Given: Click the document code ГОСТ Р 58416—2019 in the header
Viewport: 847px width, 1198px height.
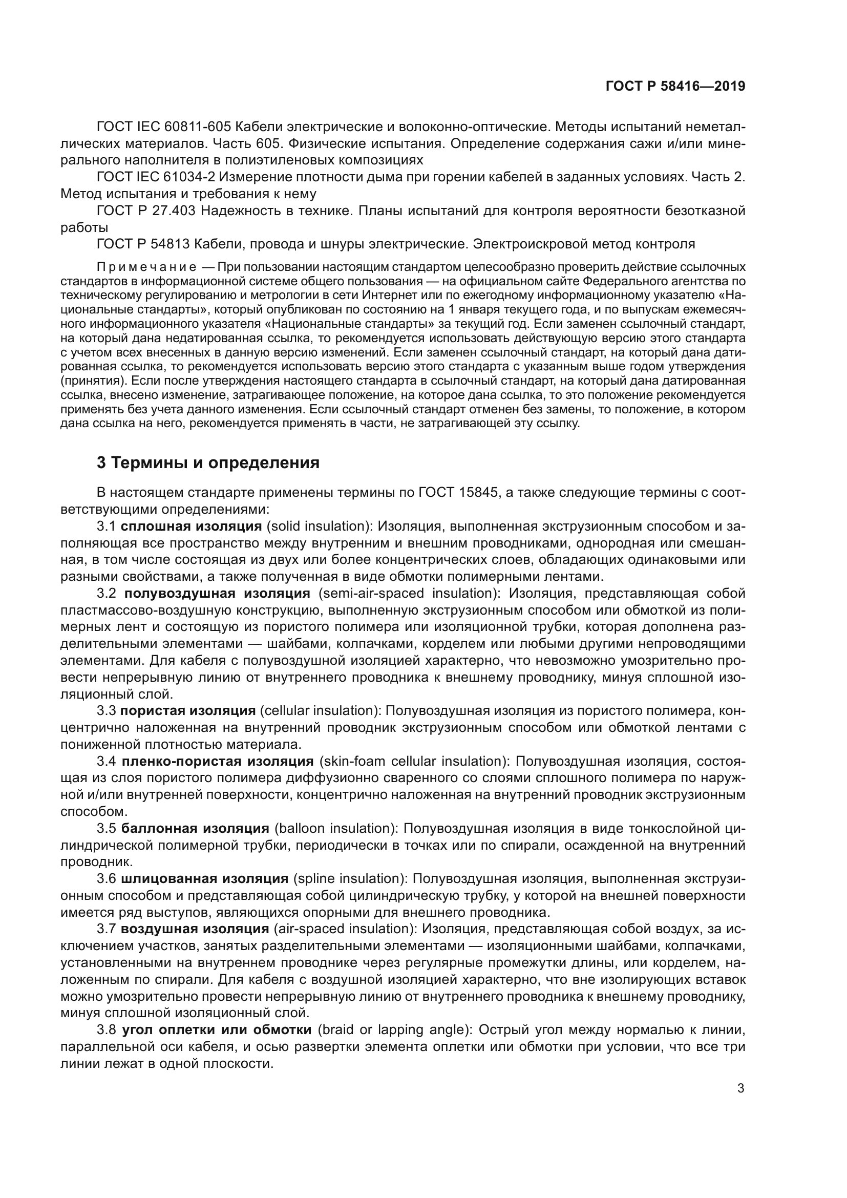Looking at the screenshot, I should coord(675,87).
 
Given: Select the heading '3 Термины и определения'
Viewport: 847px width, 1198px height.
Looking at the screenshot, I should coord(208,463).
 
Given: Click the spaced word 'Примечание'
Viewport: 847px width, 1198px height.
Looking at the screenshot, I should coord(146,268).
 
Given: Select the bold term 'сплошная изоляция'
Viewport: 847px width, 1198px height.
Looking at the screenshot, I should coord(192,526).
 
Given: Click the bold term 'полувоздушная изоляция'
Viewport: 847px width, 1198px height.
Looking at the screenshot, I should coord(217,593).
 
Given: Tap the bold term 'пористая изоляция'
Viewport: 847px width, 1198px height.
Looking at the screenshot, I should coord(188,711).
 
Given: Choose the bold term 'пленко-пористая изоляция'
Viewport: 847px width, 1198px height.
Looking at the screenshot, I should coord(217,761).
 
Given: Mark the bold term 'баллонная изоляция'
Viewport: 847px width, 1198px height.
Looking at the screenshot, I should coord(195,829).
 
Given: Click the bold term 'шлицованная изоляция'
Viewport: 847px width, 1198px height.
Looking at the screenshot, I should coord(204,879).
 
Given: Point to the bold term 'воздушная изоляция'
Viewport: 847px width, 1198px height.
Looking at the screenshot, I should coord(195,929).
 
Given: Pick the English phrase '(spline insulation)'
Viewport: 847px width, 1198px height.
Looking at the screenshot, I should coord(350,879).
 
